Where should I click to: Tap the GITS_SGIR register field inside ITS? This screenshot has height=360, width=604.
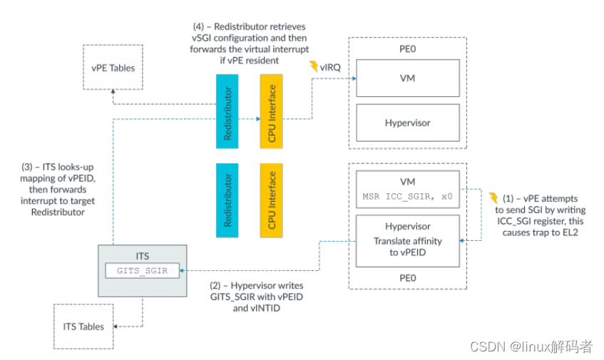142,271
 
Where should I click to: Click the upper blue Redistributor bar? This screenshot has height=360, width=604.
227,111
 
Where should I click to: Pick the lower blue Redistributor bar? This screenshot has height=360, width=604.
227,200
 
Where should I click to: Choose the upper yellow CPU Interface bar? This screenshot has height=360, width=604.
271,111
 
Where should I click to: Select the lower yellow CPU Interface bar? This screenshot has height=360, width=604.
271,200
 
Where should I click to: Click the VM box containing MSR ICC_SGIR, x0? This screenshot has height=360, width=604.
408,190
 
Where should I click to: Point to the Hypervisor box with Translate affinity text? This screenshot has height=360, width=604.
408,241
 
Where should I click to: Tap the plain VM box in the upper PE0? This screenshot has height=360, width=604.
408,78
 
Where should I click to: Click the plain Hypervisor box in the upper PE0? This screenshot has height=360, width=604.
408,123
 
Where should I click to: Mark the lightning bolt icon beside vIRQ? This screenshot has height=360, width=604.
314,66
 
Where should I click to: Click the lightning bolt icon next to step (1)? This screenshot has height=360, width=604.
493,198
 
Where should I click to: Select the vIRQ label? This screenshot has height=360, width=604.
330,68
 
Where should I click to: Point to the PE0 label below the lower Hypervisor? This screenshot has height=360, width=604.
408,278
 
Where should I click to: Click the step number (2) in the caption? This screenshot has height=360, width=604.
215,286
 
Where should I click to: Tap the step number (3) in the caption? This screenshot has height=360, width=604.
27,167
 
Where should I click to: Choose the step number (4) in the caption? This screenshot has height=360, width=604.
198,26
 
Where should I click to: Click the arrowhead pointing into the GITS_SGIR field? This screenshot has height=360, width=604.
182,271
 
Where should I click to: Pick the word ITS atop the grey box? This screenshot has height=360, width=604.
142,256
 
